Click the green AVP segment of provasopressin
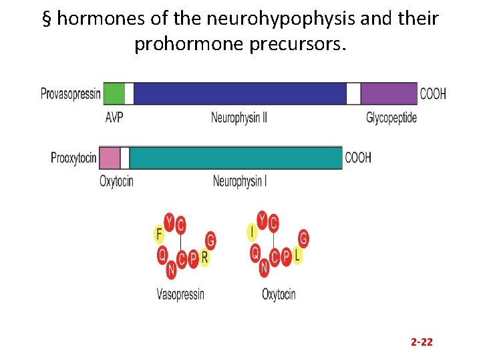click(x=114, y=94)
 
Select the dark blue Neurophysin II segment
click(x=239, y=94)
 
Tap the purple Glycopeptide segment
click(x=389, y=94)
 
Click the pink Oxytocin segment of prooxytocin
click(x=110, y=158)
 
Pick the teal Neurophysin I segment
click(x=235, y=158)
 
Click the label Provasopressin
click(x=70, y=94)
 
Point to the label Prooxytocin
click(x=74, y=158)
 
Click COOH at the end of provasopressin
click(x=433, y=94)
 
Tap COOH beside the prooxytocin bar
click(x=358, y=158)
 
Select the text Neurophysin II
click(x=239, y=118)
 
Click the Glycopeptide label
click(x=391, y=118)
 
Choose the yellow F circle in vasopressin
click(x=159, y=234)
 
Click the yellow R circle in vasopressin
click(x=204, y=257)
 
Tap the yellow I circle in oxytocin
click(x=252, y=233)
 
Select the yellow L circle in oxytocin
click(x=297, y=256)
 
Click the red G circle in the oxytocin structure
click(x=303, y=238)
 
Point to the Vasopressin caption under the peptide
click(x=180, y=294)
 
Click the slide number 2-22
click(x=422, y=342)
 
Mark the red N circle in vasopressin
click(x=171, y=270)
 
